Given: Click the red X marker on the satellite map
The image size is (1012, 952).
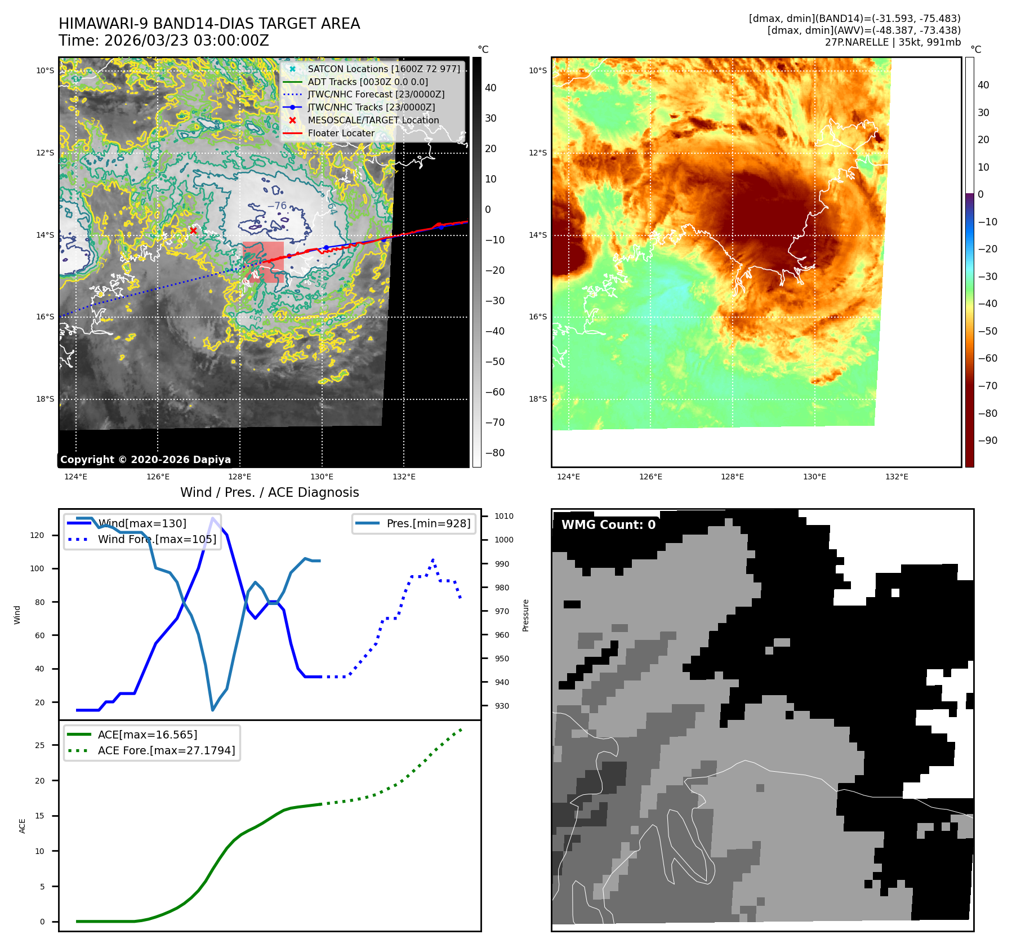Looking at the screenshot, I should (193, 230).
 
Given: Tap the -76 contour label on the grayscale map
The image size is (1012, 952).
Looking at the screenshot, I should (277, 206).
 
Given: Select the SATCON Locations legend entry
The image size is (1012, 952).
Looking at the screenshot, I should (384, 69).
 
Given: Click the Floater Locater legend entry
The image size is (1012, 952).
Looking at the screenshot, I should (341, 133).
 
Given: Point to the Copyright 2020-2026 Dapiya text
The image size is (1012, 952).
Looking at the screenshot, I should (145, 460).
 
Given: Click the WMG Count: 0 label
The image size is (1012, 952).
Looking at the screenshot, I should (608, 525).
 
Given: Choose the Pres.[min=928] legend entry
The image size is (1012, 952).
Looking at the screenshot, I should (428, 523).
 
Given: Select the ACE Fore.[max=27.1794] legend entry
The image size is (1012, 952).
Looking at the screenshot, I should (166, 750).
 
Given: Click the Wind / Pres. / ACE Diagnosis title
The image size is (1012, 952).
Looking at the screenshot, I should (269, 492).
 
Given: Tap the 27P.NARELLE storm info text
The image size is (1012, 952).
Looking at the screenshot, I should (893, 42).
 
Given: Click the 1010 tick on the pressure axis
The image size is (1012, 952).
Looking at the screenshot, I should (503, 516).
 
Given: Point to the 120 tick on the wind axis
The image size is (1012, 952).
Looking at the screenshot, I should (37, 535).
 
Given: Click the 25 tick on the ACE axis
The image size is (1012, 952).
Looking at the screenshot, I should (39, 745).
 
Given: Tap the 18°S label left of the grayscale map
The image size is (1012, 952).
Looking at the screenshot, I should (46, 399).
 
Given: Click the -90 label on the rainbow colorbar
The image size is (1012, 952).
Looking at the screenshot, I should (987, 441).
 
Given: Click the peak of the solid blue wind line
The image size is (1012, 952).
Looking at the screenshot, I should (212, 518).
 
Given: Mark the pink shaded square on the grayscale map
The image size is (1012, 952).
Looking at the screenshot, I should (263, 262).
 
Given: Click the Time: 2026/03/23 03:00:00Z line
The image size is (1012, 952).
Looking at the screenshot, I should (164, 41).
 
